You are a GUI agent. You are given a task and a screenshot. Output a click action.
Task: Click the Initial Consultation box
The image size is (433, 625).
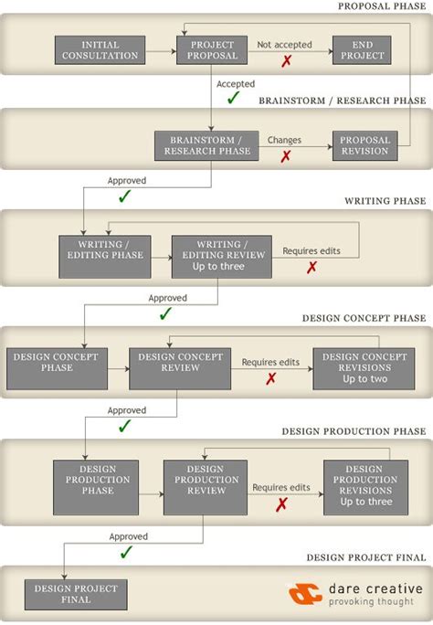pos(100,50)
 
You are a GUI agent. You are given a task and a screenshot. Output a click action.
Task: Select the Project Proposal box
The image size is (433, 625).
pos(213,50)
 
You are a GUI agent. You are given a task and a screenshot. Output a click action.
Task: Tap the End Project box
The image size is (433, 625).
pos(362,50)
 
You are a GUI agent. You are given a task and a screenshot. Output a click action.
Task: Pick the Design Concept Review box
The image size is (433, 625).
pos(180,368)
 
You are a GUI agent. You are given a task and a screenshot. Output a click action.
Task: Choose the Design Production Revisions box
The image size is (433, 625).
pos(365,488)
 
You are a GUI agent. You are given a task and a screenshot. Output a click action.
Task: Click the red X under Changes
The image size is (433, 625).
pos(286,156)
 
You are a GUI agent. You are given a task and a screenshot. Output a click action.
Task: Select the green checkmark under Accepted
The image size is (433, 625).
pos(234,97)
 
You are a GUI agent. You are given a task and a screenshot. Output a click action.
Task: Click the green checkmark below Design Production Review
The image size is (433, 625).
pos(126,552)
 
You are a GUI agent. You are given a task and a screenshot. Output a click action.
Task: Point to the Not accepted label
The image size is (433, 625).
pos(284,44)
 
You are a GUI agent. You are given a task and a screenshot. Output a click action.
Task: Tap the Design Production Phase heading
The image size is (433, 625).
pos(354,430)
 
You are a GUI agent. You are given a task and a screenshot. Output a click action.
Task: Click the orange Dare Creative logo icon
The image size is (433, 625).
pos(305,594)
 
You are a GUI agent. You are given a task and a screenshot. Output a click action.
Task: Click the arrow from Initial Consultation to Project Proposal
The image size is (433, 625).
pos(161,50)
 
